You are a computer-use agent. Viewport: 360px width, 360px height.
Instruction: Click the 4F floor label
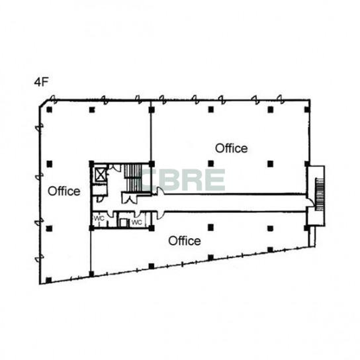pyautogui.click(x=41, y=82)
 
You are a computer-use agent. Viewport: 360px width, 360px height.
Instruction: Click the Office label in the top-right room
pyautogui.click(x=231, y=148)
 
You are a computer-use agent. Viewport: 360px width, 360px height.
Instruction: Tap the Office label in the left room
pyautogui.click(x=64, y=191)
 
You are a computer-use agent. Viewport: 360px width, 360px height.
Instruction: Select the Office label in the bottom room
pyautogui.click(x=185, y=241)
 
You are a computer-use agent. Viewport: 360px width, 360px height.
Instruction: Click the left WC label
pyautogui.click(x=99, y=218)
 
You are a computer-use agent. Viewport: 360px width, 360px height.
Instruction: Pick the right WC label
pyautogui.click(x=137, y=222)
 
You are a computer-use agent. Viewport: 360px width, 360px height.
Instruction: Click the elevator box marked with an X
pyautogui.click(x=101, y=175)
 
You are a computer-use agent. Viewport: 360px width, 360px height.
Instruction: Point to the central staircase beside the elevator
pyautogui.click(x=133, y=177)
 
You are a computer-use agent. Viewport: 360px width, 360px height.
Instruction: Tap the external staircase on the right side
pyautogui.click(x=319, y=194)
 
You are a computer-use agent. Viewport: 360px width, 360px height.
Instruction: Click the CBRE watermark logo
pyautogui.click(x=183, y=180)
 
